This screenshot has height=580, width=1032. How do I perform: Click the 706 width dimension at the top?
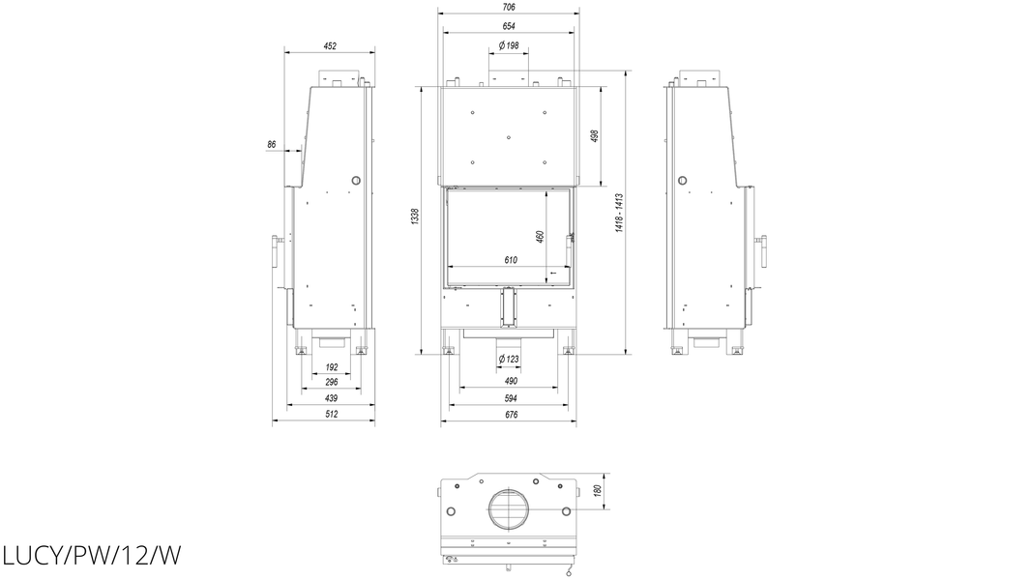(x=508, y=7)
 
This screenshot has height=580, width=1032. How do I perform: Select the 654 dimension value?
(x=508, y=26)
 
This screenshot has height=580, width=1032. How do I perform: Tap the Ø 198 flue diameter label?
(x=509, y=46)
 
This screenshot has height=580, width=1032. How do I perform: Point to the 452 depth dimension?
(x=330, y=46)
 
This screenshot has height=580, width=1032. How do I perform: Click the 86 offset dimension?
(x=272, y=145)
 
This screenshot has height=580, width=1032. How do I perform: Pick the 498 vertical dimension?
(x=595, y=136)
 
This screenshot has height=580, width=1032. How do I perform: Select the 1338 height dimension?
(x=415, y=217)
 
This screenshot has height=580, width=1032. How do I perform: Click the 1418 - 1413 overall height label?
(x=619, y=213)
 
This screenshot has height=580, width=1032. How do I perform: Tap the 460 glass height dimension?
(x=541, y=237)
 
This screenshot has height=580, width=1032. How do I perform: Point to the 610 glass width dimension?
(x=511, y=260)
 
